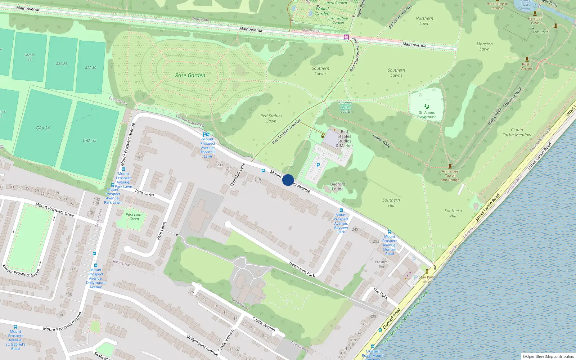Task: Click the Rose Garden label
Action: click(x=190, y=75)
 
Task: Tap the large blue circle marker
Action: click(x=288, y=180)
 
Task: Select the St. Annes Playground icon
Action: click(x=427, y=106)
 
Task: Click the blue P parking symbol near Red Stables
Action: click(x=318, y=165)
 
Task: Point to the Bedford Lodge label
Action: click(x=338, y=186)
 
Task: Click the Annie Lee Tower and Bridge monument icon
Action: click(x=450, y=166)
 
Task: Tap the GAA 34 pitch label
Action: click(x=43, y=128)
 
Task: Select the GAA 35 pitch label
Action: click(x=90, y=140)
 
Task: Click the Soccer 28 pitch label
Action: click(x=30, y=57)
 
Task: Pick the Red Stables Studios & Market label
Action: click(x=345, y=139)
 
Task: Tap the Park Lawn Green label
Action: click(x=134, y=216)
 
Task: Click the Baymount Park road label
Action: click(x=302, y=269)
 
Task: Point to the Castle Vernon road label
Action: click(x=264, y=324)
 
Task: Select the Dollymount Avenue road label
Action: click(x=202, y=345)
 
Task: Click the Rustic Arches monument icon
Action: click(x=527, y=59)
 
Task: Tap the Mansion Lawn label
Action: click(x=485, y=46)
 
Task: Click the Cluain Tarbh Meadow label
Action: click(x=517, y=132)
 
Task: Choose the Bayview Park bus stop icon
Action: click(x=341, y=210)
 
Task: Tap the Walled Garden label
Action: click(x=322, y=11)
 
